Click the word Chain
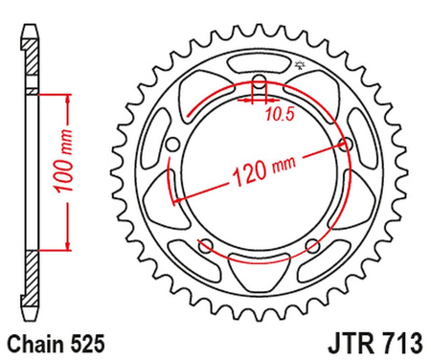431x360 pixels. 36,341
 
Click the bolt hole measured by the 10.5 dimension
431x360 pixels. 257,81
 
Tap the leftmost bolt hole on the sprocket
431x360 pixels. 172,146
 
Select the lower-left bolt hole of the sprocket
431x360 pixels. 204,247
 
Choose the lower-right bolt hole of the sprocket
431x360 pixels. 310,248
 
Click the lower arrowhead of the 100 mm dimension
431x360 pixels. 68,246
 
